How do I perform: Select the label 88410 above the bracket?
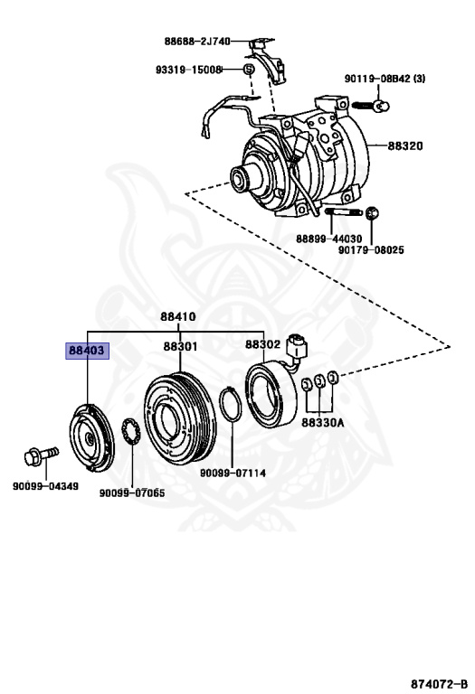click(179, 316)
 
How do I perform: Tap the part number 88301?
click(180, 346)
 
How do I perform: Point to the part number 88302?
click(262, 345)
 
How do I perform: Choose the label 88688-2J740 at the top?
click(197, 42)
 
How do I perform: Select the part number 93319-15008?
click(187, 70)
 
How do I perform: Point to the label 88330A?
click(323, 421)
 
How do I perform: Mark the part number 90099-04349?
click(45, 487)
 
